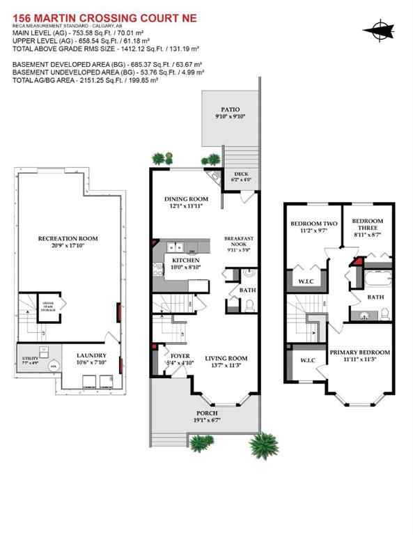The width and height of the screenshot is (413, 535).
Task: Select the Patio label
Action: [x=230, y=109]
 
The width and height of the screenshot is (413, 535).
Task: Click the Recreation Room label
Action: [x=68, y=238]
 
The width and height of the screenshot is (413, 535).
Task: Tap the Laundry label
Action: [x=91, y=354]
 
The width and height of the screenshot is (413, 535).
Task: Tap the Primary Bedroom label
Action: [x=359, y=352]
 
